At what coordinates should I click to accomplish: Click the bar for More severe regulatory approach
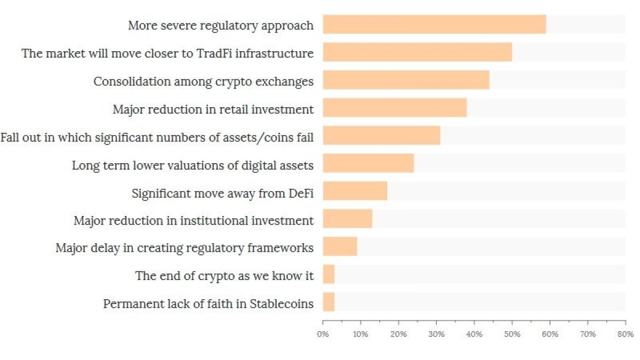click(x=434, y=25)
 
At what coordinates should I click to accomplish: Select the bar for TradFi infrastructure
click(x=417, y=52)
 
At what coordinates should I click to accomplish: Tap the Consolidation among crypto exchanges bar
click(x=406, y=80)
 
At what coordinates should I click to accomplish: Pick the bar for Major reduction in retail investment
click(x=395, y=108)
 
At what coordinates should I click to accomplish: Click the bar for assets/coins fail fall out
click(x=381, y=135)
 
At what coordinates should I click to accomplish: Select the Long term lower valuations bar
click(x=368, y=163)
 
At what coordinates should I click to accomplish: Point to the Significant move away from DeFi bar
click(x=355, y=191)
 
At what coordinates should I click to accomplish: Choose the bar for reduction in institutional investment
click(x=347, y=219)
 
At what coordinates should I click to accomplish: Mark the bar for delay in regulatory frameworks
click(x=340, y=246)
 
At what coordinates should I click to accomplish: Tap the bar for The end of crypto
click(x=329, y=274)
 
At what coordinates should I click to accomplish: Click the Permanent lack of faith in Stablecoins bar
click(x=329, y=302)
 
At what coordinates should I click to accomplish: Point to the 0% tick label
click(x=323, y=334)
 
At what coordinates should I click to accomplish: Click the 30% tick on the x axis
click(x=436, y=334)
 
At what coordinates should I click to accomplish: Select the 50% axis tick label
click(x=512, y=334)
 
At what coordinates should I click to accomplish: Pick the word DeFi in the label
click(x=301, y=193)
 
